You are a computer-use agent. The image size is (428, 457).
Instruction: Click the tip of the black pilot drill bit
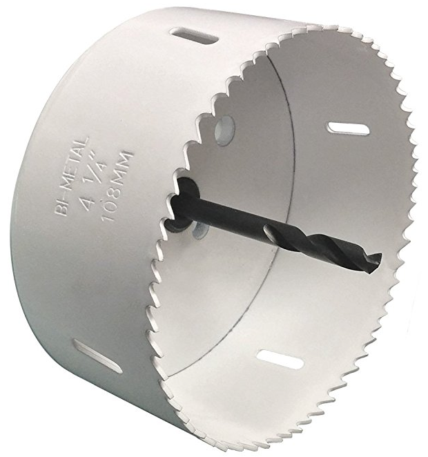[380, 256]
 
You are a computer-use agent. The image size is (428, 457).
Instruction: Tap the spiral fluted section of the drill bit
[323, 247]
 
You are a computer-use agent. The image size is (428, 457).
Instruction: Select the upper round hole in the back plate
[224, 130]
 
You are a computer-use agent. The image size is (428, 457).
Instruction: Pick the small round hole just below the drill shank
[200, 228]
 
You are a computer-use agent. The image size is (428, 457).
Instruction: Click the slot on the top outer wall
[193, 36]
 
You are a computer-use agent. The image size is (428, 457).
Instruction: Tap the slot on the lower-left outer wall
[97, 356]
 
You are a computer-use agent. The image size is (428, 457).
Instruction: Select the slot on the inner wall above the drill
[347, 128]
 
